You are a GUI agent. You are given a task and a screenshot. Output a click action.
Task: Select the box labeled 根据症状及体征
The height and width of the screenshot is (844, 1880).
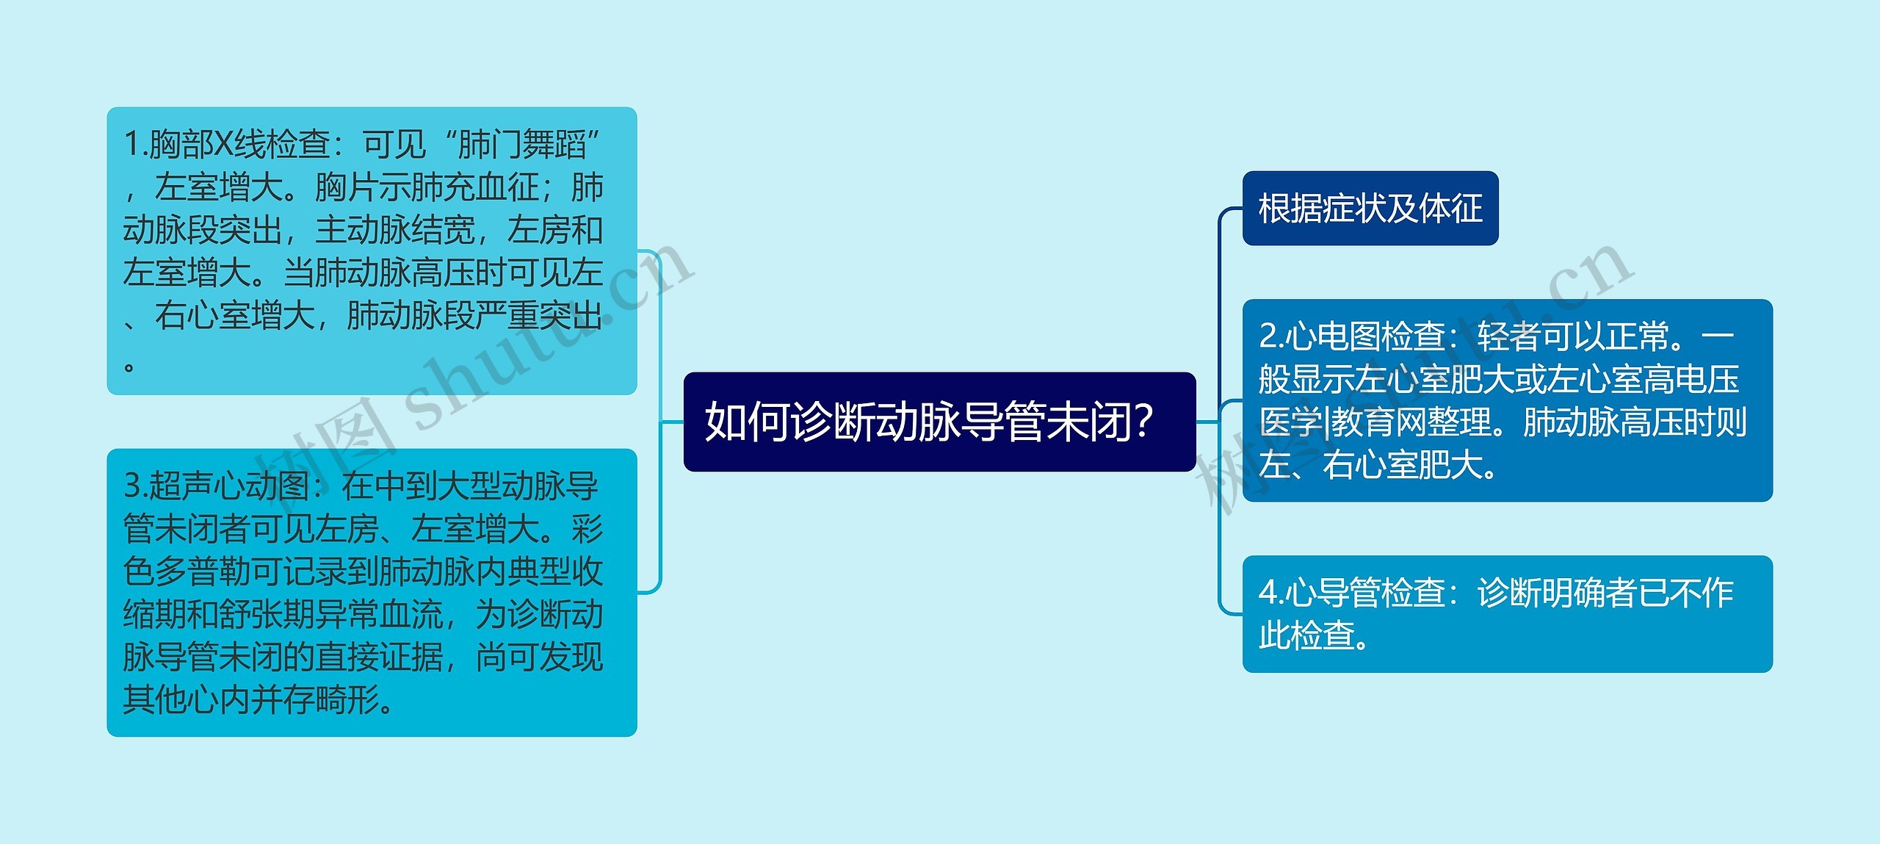1370,209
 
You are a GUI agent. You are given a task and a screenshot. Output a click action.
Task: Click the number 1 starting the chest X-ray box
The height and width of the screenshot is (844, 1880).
131,144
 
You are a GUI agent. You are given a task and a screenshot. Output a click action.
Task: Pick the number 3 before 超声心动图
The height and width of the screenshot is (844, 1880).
131,486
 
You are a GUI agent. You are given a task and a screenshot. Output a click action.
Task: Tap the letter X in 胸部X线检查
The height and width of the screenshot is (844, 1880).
223,144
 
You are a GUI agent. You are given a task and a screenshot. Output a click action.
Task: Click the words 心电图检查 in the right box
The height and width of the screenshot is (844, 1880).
1366,336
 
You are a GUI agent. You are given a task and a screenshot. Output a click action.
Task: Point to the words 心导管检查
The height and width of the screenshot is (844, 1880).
1366,593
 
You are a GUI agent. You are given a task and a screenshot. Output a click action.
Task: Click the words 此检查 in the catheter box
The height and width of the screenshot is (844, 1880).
1306,635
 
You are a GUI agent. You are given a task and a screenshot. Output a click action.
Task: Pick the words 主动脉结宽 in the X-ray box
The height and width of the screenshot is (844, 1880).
394,230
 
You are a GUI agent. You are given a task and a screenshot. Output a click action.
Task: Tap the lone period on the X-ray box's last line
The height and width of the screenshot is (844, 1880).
129,365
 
